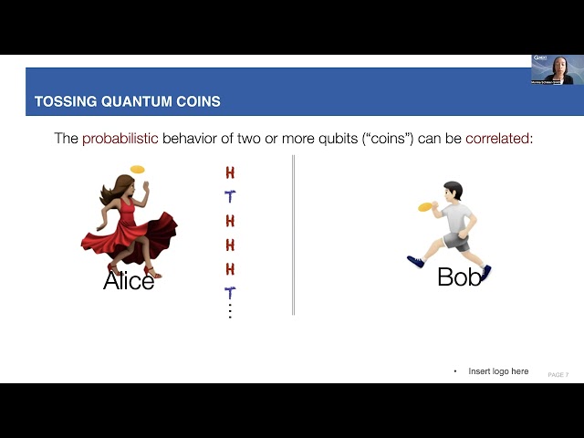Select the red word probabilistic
pyautogui.click(x=120, y=139)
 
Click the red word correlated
pyautogui.click(x=497, y=139)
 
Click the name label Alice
pyautogui.click(x=129, y=281)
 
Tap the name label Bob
pyautogui.click(x=459, y=277)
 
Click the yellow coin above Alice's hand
pyautogui.click(x=138, y=169)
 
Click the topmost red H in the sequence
pyautogui.click(x=230, y=172)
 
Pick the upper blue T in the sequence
pyautogui.click(x=230, y=196)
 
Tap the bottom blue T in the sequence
pyautogui.click(x=230, y=293)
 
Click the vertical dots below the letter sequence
pyautogui.click(x=230, y=311)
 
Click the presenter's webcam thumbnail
pyautogui.click(x=557, y=69)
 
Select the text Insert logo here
pyautogui.click(x=498, y=371)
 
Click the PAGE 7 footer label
pyautogui.click(x=558, y=375)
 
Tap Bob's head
pyautogui.click(x=453, y=191)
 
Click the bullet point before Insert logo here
pyautogui.click(x=455, y=371)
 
